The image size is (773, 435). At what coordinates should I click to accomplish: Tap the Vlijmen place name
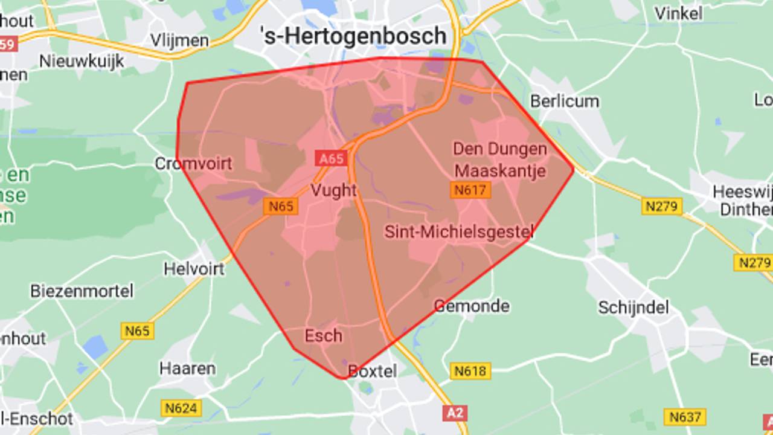tap(179, 40)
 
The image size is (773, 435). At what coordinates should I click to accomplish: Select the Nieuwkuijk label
tap(82, 61)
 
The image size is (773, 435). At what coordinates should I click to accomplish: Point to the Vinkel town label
tap(678, 13)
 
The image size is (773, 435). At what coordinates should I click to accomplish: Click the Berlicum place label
tap(565, 101)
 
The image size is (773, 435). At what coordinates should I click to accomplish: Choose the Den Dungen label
tap(500, 149)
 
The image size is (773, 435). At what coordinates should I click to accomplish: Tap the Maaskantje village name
tap(500, 170)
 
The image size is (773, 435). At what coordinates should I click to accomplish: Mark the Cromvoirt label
tap(193, 164)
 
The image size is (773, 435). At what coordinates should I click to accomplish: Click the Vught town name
tap(333, 190)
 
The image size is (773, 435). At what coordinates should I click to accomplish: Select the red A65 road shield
tap(331, 159)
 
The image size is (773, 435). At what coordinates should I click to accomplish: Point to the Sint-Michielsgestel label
tap(459, 231)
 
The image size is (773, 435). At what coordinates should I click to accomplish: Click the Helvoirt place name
tap(194, 268)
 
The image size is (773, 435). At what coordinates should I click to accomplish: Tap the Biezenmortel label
tap(82, 291)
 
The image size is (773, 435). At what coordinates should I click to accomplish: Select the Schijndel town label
tap(633, 308)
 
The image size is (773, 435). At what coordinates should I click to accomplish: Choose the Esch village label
tap(323, 336)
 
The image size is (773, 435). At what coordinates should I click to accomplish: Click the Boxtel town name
tap(373, 371)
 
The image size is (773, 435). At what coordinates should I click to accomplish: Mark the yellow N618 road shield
tap(470, 370)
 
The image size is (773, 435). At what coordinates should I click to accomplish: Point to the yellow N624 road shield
tap(181, 408)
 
